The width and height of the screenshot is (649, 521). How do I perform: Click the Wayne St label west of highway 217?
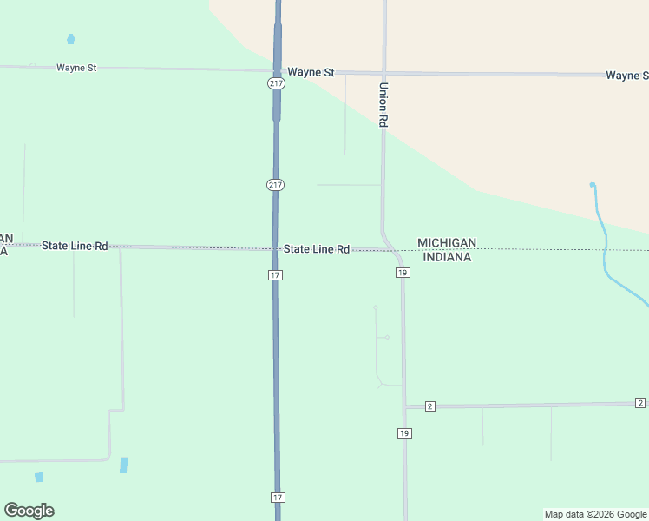click(76, 67)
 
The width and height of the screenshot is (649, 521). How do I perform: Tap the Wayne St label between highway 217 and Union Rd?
click(311, 73)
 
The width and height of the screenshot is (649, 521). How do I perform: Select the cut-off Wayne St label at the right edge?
click(626, 76)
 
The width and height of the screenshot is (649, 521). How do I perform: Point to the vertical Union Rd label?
click(383, 105)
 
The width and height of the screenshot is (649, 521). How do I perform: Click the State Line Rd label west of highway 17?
click(75, 247)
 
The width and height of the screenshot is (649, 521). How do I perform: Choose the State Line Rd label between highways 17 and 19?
click(317, 249)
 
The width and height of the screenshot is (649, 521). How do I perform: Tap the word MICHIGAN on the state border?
click(447, 243)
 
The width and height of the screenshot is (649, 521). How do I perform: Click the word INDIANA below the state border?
click(447, 257)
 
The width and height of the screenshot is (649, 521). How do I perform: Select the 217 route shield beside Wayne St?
click(275, 83)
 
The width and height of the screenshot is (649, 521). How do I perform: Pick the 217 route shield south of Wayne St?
click(275, 185)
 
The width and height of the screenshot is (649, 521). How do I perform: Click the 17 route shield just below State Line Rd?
click(275, 275)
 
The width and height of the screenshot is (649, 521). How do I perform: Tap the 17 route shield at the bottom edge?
click(277, 498)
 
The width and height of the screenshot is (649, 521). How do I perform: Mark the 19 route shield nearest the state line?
click(403, 273)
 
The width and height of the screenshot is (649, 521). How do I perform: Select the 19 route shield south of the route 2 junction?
click(404, 432)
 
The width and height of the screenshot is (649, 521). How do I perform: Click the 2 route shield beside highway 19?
click(429, 406)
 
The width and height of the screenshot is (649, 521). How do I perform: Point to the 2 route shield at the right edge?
click(639, 403)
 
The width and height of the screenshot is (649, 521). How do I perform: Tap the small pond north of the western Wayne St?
click(70, 39)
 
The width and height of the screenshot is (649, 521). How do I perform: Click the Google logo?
click(29, 511)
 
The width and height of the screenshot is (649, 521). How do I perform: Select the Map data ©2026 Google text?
click(596, 514)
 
